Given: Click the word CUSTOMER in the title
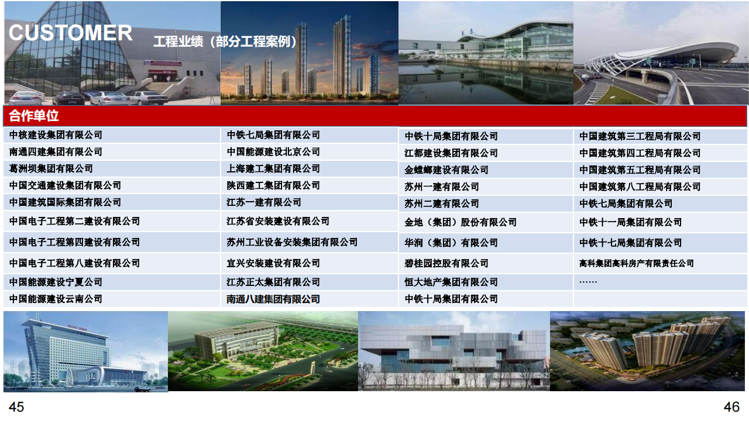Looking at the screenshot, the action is (x=71, y=33).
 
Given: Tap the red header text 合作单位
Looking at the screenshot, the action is (x=34, y=116).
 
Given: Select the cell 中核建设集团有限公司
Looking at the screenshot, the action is (x=56, y=135).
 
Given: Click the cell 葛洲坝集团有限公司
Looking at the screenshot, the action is (x=51, y=169).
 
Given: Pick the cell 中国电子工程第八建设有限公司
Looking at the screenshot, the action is (x=74, y=263).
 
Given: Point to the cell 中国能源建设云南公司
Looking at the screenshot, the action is (x=56, y=299).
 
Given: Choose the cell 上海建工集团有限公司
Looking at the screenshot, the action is (x=273, y=169).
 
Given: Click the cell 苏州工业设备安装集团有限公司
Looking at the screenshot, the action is (x=292, y=242).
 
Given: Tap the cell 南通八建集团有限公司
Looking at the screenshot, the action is (x=273, y=299).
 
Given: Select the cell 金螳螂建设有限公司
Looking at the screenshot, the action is (x=446, y=170).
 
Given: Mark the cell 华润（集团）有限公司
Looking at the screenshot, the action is (x=451, y=243).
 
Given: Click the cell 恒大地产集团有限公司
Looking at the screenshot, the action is (x=451, y=282).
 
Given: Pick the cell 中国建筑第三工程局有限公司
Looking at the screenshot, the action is (x=640, y=136).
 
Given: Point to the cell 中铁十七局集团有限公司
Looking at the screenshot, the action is (x=631, y=243).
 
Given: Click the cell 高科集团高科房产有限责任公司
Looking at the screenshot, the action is (x=637, y=264).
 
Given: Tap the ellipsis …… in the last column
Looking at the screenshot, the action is (x=588, y=282).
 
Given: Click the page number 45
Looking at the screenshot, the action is (x=16, y=407).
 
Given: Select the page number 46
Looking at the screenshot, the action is (x=731, y=407).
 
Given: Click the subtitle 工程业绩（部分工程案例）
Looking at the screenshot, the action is (x=225, y=42).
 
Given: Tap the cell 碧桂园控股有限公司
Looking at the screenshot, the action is (x=446, y=264).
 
